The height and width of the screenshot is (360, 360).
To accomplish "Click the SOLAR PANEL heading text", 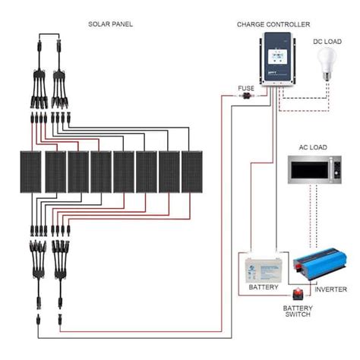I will pos(110,24).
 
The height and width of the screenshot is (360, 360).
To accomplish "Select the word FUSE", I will pos(246,89).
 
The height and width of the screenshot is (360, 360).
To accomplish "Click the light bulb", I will pos(329,61).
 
